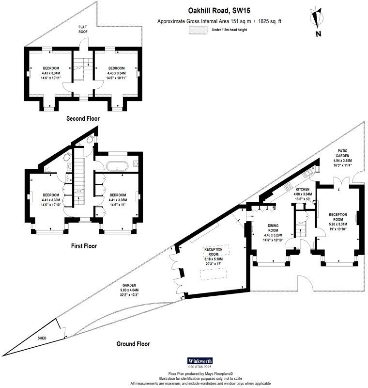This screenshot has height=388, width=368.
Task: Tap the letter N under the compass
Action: pyautogui.click(x=318, y=33)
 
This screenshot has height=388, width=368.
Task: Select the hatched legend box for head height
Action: pyautogui.click(x=196, y=30)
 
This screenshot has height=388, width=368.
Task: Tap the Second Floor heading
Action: pyautogui.click(x=83, y=118)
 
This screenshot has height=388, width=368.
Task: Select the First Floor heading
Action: pyautogui.click(x=84, y=246)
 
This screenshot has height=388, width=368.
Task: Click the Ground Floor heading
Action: pyautogui.click(x=133, y=344)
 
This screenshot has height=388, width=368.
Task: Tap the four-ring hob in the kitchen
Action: pyautogui.click(x=287, y=186)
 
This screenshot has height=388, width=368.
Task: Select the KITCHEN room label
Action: pyautogui.click(x=303, y=189)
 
